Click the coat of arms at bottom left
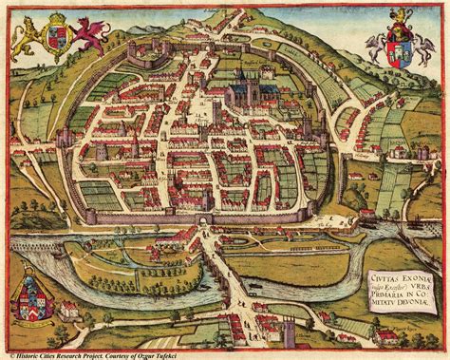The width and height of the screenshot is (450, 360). (x=29, y=300)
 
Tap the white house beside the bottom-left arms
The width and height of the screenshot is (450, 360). (x=68, y=309)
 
